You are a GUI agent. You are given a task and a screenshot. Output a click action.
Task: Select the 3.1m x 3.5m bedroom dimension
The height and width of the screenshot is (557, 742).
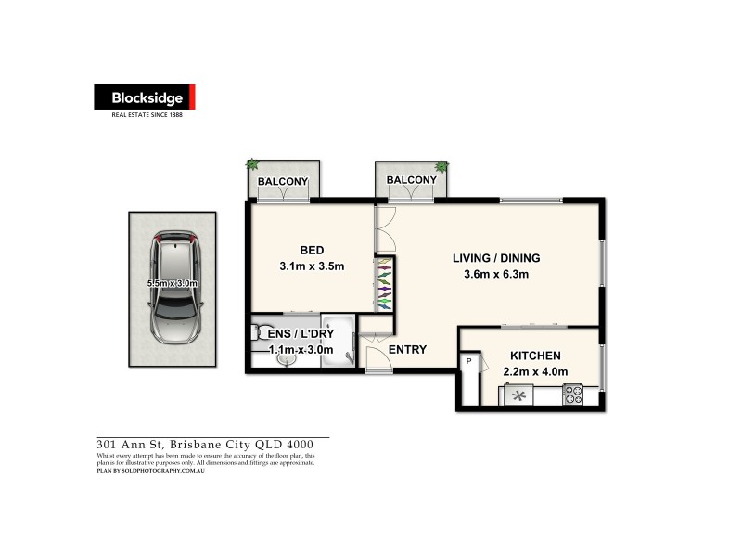(x=312, y=267)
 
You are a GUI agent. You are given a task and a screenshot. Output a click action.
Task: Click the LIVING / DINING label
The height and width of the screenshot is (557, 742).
(x=496, y=258)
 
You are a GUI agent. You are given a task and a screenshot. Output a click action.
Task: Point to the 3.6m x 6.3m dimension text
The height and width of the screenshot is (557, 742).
(x=496, y=274)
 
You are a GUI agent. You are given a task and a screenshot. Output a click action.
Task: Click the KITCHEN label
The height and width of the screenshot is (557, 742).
(x=535, y=356)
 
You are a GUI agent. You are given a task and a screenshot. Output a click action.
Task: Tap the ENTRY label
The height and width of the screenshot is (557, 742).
(x=407, y=349)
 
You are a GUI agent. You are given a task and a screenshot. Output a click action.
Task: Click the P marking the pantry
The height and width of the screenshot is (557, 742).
(x=469, y=360)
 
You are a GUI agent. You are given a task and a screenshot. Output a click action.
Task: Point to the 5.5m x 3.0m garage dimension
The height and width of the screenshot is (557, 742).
(x=173, y=284)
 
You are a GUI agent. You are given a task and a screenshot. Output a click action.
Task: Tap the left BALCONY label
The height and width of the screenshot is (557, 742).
(x=283, y=180)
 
